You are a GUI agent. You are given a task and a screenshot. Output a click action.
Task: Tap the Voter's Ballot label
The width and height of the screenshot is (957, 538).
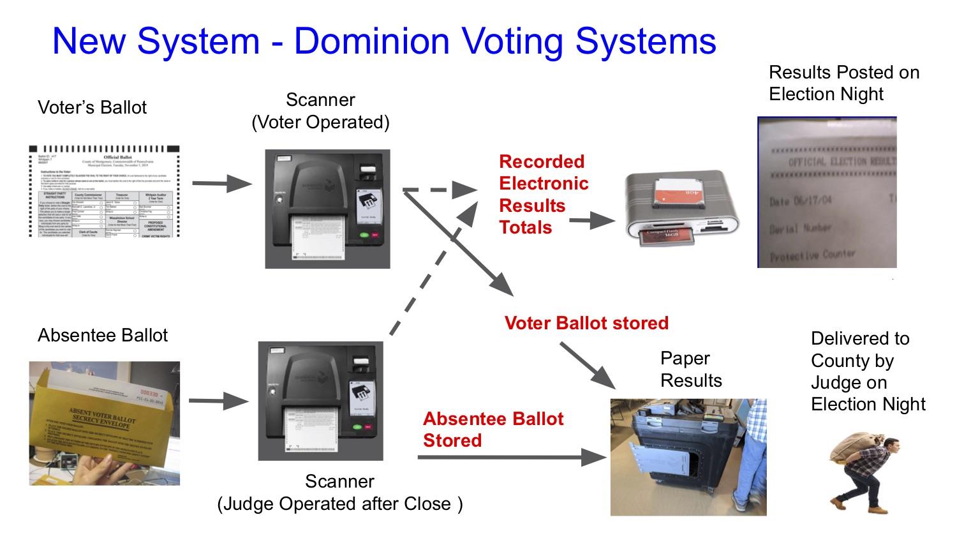[92, 107]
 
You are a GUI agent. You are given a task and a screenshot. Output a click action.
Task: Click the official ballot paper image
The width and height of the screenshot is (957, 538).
[105, 191]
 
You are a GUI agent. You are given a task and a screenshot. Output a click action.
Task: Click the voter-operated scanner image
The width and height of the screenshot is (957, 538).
[327, 209]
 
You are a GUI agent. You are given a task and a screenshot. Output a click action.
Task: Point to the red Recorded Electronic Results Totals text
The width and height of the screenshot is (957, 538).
[544, 195]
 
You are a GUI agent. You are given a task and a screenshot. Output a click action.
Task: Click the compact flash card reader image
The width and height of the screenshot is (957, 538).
[681, 208]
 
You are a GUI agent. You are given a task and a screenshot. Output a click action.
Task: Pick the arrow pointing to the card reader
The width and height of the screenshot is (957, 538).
[591, 221]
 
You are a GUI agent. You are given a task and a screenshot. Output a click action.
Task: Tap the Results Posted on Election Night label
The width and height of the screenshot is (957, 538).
[843, 83]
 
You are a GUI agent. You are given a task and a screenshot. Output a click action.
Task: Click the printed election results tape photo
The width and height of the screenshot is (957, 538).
[827, 192]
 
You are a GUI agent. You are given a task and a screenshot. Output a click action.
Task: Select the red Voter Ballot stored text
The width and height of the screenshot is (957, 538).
[586, 323]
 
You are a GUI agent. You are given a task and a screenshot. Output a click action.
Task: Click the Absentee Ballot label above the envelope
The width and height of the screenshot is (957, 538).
[103, 336]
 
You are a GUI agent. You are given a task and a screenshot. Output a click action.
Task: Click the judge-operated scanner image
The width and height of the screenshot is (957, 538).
[320, 401]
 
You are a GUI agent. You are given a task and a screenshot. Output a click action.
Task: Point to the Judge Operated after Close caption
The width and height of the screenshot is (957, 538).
[340, 504]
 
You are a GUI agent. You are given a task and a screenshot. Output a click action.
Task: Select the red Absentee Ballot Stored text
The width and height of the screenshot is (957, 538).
[493, 430]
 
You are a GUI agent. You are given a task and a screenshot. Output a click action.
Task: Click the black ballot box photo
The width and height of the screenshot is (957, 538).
[688, 456]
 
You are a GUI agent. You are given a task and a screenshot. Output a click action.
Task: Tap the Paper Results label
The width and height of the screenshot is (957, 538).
[690, 370]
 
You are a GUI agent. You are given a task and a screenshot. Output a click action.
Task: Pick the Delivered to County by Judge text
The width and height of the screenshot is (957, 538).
[868, 371]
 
